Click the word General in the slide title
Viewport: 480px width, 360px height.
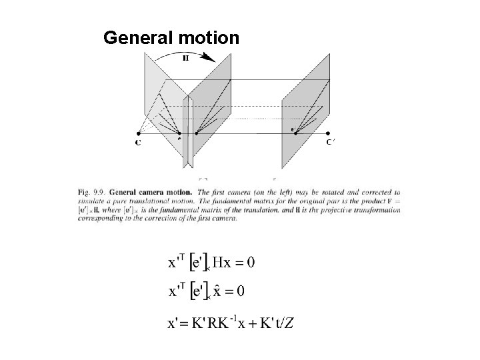click(138, 39)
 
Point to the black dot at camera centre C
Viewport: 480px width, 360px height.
click(139, 134)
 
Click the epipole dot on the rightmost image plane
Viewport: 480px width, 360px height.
click(296, 134)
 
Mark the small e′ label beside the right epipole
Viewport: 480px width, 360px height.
click(294, 127)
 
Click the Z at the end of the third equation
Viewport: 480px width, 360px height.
click(291, 324)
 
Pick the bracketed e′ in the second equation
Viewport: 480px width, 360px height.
click(199, 291)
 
